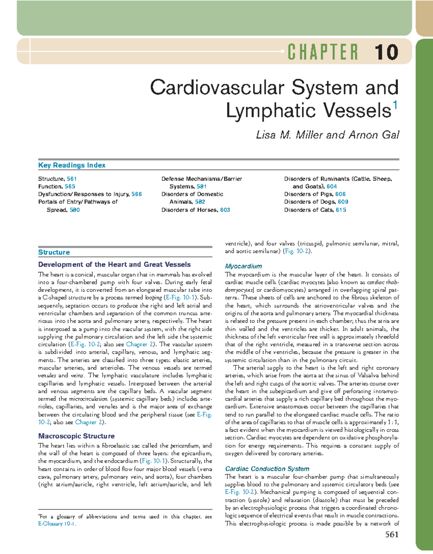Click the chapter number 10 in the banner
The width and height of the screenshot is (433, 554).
coord(386,52)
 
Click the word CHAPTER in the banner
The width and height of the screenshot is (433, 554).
coord(323,52)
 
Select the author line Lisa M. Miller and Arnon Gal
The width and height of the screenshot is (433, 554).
coord(327,135)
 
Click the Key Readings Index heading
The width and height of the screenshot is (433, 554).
coord(72,165)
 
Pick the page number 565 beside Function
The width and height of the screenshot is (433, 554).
coord(70,186)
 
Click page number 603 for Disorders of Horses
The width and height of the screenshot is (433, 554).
coord(225,210)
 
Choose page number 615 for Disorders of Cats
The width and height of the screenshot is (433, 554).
coord(341,210)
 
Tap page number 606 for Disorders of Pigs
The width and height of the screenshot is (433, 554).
coord(340,194)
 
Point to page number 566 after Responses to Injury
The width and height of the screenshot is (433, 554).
coord(137,194)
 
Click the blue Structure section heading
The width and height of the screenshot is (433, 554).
coord(54,252)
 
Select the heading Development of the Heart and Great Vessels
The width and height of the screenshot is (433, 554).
coord(114,264)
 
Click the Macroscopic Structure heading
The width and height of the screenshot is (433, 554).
coord(76,436)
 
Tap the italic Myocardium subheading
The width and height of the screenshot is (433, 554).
coord(243,266)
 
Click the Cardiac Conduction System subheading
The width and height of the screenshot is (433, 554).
coord(267,469)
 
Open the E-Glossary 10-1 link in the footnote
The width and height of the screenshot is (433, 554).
coord(57,524)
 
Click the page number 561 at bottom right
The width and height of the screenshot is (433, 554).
coord(392,535)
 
